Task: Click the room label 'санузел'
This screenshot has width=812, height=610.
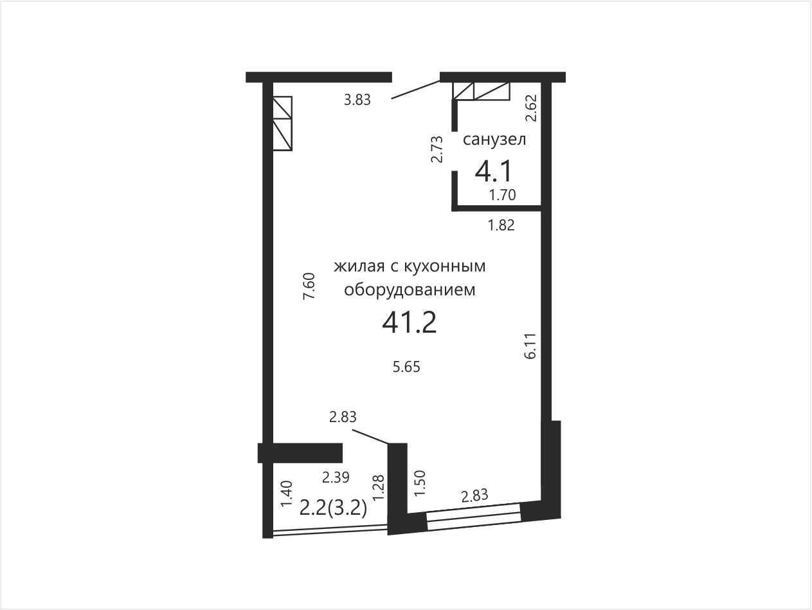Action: pyautogui.click(x=494, y=140)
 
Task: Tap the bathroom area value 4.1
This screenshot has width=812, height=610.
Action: pyautogui.click(x=493, y=172)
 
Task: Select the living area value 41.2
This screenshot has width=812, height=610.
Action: pyautogui.click(x=409, y=322)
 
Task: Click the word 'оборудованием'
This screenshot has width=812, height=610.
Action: pyautogui.click(x=410, y=290)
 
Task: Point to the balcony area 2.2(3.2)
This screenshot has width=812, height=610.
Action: pyautogui.click(x=333, y=508)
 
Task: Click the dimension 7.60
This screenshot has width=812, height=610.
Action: pyautogui.click(x=309, y=286)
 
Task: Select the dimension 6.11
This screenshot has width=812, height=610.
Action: pyautogui.click(x=530, y=346)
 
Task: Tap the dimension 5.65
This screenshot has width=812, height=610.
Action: pyautogui.click(x=406, y=367)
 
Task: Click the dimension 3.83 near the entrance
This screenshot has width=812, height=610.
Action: pyautogui.click(x=357, y=100)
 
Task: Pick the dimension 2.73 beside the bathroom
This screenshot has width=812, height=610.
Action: pyautogui.click(x=437, y=149)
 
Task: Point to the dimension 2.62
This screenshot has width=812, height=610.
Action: pyautogui.click(x=531, y=108)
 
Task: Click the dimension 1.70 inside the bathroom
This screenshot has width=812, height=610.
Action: pyautogui.click(x=502, y=195)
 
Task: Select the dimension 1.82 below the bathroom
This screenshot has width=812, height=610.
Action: pyautogui.click(x=501, y=225)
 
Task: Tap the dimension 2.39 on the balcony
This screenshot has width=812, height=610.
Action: pyautogui.click(x=336, y=477)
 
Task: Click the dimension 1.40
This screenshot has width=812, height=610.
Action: pyautogui.click(x=287, y=494)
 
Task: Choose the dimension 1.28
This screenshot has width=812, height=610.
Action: pyautogui.click(x=379, y=488)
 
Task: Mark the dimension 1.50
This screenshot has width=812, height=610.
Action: pyautogui.click(x=420, y=483)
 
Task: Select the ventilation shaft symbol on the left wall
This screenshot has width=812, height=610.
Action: pyautogui.click(x=282, y=124)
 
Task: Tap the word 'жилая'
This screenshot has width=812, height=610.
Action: pyautogui.click(x=359, y=266)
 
